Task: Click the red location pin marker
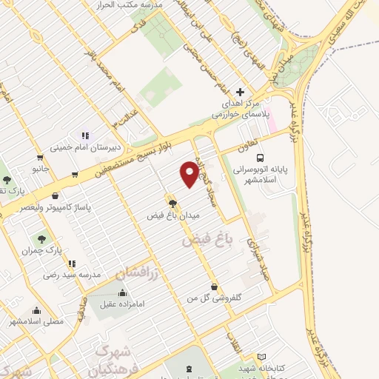pos(189,174)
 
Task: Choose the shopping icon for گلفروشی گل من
pos(214,286)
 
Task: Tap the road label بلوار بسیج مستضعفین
pos(141,158)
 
